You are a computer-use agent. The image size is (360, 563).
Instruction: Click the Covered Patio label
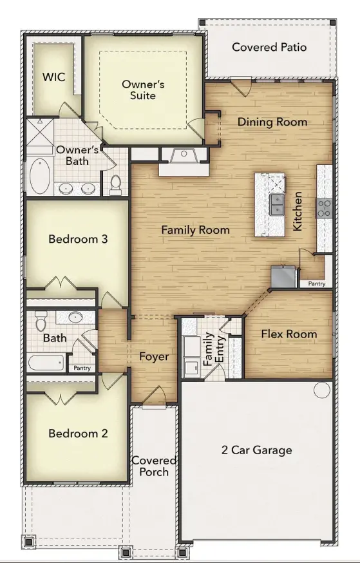tap(269, 47)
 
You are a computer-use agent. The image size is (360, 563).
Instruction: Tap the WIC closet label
tap(54, 77)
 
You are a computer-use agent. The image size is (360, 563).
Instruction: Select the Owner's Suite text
tap(143, 90)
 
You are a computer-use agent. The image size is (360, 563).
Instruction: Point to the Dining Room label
tap(272, 122)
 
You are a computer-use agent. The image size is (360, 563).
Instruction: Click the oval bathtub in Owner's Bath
tap(40, 177)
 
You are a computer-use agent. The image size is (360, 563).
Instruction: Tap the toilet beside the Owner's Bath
tap(115, 185)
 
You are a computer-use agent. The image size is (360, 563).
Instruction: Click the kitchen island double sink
tap(277, 204)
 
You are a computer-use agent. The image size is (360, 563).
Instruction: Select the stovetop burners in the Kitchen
tap(325, 209)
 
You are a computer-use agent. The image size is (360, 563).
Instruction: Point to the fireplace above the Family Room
tap(184, 157)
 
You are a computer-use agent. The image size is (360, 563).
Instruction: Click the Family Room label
tap(195, 230)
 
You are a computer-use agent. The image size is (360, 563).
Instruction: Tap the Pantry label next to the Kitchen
tap(317, 283)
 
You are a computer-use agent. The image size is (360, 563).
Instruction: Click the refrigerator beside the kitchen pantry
tap(283, 276)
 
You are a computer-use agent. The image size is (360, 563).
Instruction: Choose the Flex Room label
tap(289, 334)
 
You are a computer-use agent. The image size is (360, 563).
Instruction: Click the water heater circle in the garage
tap(322, 390)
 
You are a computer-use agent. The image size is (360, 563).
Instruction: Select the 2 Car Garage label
tap(256, 450)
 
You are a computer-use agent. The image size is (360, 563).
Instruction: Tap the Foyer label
tap(154, 356)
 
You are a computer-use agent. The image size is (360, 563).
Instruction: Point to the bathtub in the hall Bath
tap(46, 363)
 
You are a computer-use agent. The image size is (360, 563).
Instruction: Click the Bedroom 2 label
tap(78, 434)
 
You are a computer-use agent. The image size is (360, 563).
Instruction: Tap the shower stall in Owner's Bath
tap(40, 133)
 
